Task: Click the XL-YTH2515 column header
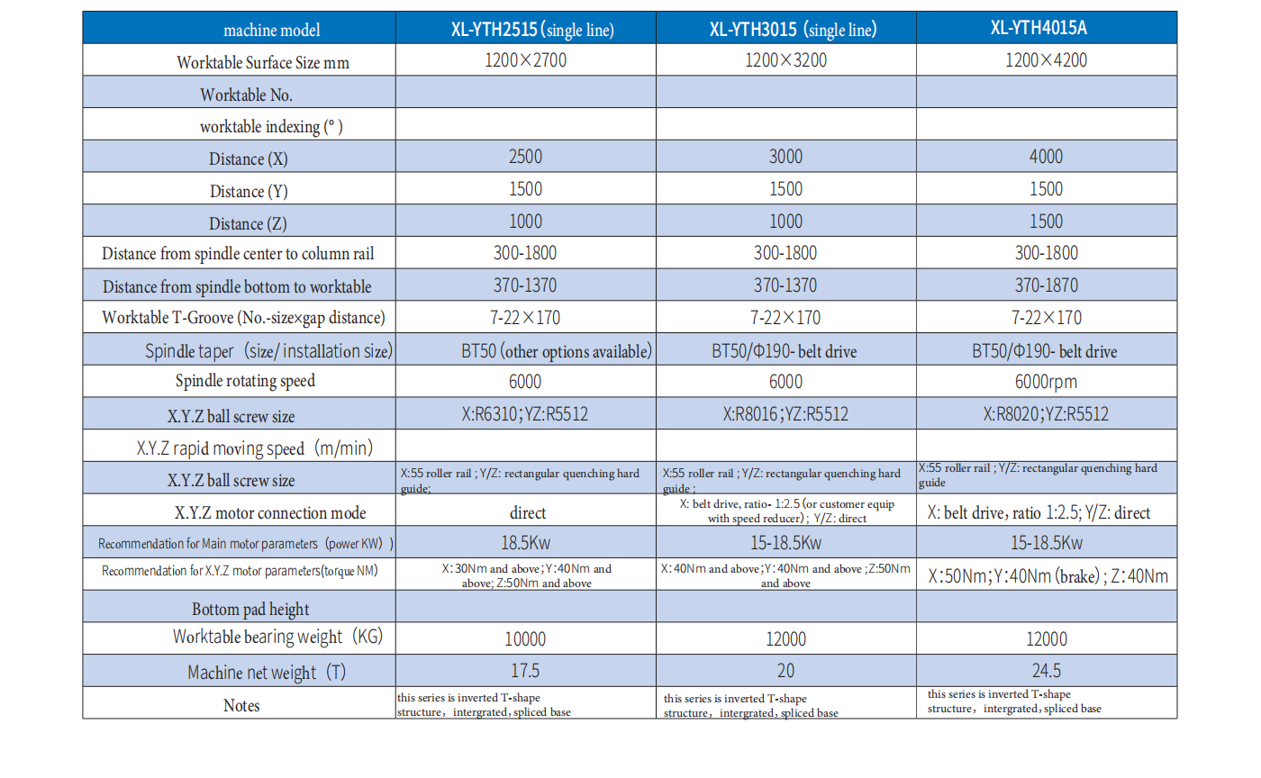tap(531, 30)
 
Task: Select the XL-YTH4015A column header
tap(1045, 28)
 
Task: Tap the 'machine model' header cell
tap(271, 30)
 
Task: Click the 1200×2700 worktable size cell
tap(525, 61)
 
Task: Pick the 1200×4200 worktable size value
tap(1046, 61)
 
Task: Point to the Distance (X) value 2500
tap(525, 158)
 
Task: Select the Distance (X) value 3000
tap(785, 158)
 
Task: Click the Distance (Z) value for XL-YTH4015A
tap(1046, 222)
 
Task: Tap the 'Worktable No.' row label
tap(246, 95)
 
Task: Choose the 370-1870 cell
tap(1046, 286)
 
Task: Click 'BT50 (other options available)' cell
tap(556, 351)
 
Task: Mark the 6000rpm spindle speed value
tap(1046, 382)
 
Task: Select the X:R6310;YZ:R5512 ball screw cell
tap(525, 415)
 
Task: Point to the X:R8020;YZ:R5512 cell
tap(1046, 415)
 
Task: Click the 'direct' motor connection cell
tap(527, 513)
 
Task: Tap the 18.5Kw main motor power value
tap(525, 544)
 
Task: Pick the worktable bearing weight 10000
tap(525, 639)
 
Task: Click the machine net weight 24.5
tap(1046, 672)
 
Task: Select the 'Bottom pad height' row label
tap(250, 610)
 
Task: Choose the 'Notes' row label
tap(240, 705)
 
